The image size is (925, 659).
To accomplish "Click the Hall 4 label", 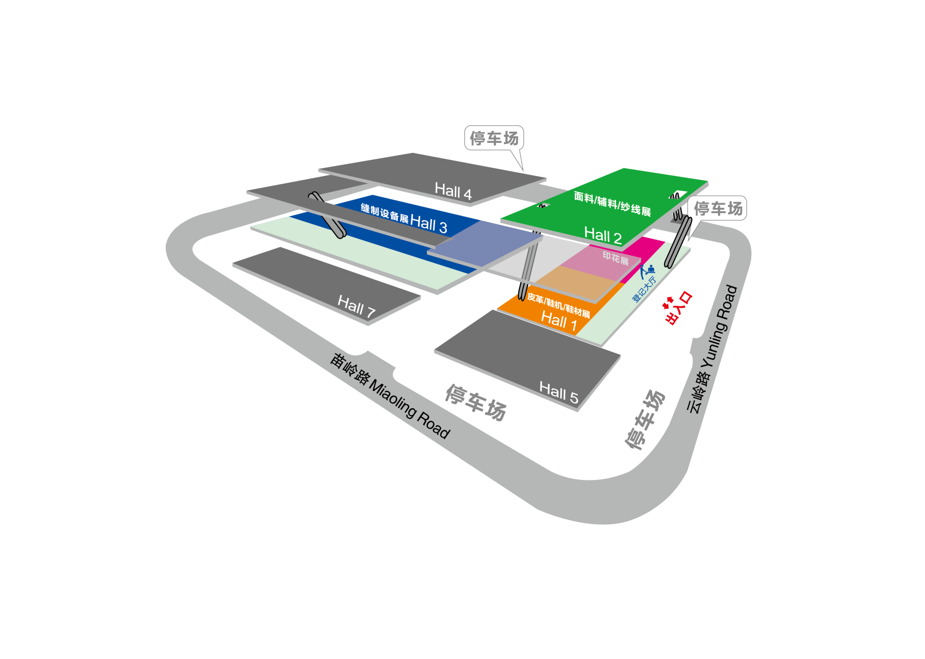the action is pyautogui.click(x=453, y=191).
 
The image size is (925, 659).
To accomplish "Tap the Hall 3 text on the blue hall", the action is pyautogui.click(x=428, y=224).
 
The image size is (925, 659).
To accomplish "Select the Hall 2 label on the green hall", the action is pyautogui.click(x=602, y=235).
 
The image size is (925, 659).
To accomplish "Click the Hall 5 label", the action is pyautogui.click(x=559, y=392).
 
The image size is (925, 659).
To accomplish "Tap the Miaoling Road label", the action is pyautogui.click(x=390, y=396).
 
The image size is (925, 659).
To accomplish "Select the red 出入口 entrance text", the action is pyautogui.click(x=679, y=308).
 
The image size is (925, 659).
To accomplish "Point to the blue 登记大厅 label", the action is pyautogui.click(x=644, y=289).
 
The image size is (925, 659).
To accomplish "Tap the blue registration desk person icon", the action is pyautogui.click(x=647, y=271).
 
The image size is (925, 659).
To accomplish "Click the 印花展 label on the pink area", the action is pyautogui.click(x=615, y=258).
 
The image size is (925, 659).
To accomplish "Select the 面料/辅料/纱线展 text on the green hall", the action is pyautogui.click(x=612, y=204).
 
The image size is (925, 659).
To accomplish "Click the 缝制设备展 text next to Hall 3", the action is pyautogui.click(x=385, y=213).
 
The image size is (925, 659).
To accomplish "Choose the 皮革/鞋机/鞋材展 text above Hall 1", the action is pyautogui.click(x=559, y=305).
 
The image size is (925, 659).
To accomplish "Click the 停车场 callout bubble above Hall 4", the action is pyautogui.click(x=494, y=138).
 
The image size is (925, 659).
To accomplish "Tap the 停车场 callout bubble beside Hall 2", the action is pyautogui.click(x=717, y=208).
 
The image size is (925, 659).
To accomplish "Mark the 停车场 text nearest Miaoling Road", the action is pyautogui.click(x=476, y=402).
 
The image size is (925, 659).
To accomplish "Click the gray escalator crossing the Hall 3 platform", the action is pyautogui.click(x=327, y=215).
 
